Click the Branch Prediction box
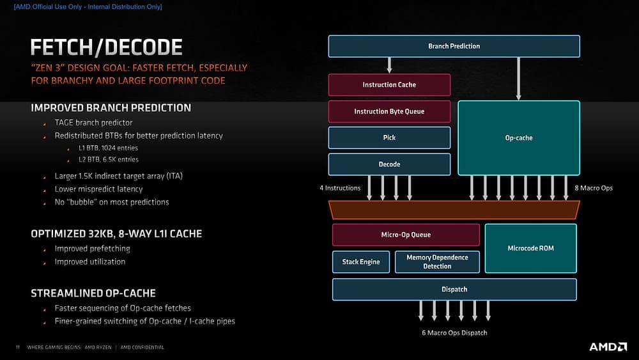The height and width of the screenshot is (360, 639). pos(454,46)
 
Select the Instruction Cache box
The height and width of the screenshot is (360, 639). pos(389,84)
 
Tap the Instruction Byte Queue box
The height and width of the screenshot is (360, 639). pos(389,111)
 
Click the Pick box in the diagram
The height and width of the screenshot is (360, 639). pos(389,137)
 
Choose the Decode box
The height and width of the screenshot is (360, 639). pos(389,164)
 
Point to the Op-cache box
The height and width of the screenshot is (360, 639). pos(518,137)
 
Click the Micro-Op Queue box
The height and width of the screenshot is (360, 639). pos(406,235)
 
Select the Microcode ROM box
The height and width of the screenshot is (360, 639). pos(530,248)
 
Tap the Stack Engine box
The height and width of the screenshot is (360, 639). pos(360,262)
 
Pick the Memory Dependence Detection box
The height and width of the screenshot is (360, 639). pos(437,262)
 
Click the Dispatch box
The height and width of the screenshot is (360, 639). pos(454,289)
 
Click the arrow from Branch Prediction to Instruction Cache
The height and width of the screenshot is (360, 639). pos(389,65)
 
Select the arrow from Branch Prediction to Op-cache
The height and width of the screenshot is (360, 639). pos(518,79)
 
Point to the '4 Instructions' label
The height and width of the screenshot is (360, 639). pos(340,188)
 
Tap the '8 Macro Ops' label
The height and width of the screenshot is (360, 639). pos(594,188)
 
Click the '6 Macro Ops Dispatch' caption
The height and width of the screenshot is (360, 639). pos(454,333)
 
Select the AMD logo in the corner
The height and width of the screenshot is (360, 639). pos(607,347)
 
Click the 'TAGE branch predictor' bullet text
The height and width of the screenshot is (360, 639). pos(93,122)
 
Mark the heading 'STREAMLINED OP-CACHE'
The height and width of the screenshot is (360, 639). pos(93,293)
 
